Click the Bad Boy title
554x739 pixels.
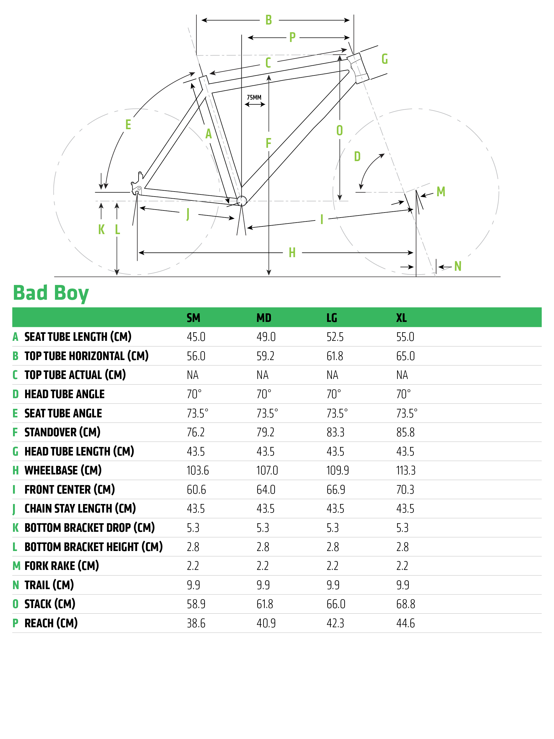(51, 293)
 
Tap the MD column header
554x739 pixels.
(264, 318)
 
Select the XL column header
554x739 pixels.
(401, 318)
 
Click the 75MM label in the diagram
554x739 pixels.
(254, 98)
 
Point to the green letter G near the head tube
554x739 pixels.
(384, 59)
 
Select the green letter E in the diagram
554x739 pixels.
(128, 125)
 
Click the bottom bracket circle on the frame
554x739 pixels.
(241, 201)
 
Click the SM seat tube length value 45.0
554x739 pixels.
(196, 337)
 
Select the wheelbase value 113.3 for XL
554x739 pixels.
(406, 470)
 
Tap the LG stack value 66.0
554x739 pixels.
(336, 604)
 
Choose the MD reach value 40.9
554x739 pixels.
(266, 623)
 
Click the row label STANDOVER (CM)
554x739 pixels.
(62, 432)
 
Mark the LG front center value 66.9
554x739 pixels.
(336, 490)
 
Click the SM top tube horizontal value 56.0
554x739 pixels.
(196, 356)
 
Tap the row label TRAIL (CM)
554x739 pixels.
(49, 585)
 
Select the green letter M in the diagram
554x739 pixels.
(441, 192)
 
